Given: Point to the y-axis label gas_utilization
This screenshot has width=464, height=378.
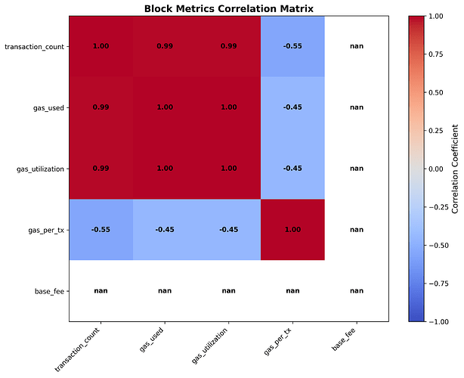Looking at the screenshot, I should pos(41,169).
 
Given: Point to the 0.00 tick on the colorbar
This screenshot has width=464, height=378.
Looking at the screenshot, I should pos(438,169).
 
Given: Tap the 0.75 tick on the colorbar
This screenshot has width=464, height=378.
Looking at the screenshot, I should pos(438,54).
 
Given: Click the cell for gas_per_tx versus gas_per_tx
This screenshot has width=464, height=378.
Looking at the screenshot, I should pos(292,230).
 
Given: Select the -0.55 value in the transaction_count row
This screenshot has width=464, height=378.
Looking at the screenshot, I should pos(292,46).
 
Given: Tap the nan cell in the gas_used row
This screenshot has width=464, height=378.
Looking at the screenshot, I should pos(357,107).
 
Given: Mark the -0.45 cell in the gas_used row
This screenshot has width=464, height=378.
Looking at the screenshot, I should pos(292,107).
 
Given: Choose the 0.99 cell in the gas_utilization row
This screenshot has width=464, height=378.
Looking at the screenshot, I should pos(101,169).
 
